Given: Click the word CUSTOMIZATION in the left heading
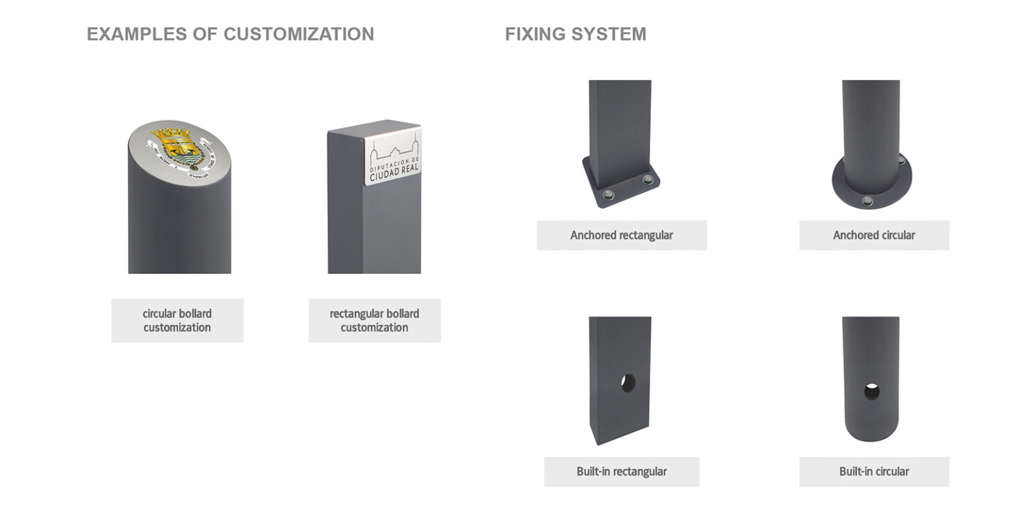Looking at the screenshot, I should pos(298,34).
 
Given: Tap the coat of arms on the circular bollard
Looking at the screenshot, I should pos(176,146).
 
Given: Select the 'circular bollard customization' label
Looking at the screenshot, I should pos(177,320).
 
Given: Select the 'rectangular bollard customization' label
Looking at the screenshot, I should pos(374,320).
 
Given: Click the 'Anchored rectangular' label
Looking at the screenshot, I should pos(621,235).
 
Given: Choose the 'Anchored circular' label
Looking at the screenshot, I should pos(874,235).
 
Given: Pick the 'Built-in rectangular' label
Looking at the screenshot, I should pos(621,471).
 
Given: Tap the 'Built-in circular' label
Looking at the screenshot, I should pos(874,471).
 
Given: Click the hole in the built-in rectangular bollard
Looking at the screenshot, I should pos(628,383).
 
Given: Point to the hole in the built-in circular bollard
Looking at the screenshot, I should pos(872,391).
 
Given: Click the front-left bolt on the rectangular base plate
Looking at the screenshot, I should pos(608,195).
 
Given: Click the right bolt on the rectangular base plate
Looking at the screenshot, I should pos(648,179).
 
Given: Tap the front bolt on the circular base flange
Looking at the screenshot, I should pos(868,200).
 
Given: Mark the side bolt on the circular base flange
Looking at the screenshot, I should pos(901,160).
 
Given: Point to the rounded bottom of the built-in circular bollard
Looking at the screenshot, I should pos(870,430).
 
